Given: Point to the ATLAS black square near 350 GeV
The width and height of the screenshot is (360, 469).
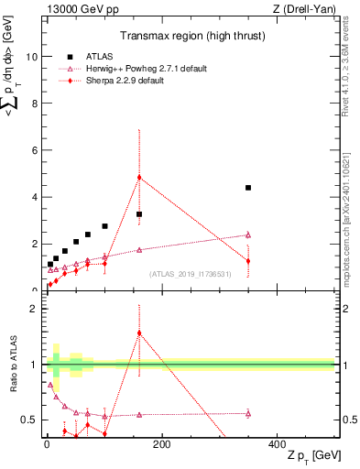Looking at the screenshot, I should point(248,188).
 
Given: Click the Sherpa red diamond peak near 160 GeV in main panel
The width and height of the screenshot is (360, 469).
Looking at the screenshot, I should point(139,177).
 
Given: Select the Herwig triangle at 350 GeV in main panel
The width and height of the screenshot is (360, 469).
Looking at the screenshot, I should point(248,234).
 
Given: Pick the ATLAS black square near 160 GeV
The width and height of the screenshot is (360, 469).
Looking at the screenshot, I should point(139,214).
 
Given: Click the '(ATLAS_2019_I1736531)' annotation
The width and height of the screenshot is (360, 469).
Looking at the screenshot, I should point(191,274).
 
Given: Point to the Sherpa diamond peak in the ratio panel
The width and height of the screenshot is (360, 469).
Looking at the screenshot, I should point(139,333).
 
